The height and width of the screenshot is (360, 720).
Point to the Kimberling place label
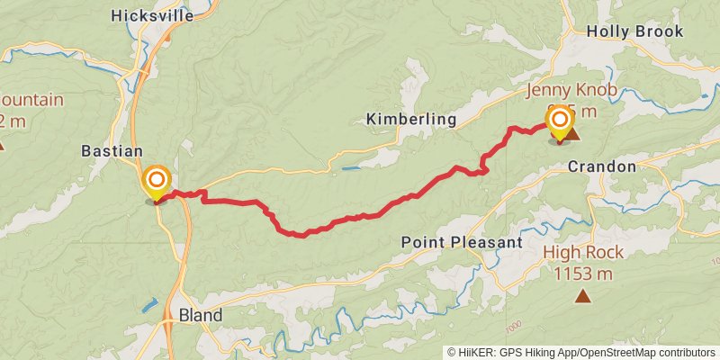pyautogui.click(x=411, y=120)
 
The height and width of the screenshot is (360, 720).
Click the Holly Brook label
pyautogui.click(x=634, y=31)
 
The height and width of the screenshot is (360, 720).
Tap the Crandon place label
pyautogui.click(x=601, y=167)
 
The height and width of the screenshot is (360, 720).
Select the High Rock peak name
pyautogui.click(x=583, y=252)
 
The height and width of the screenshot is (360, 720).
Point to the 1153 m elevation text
pyautogui.click(x=583, y=274)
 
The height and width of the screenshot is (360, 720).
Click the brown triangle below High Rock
pyautogui.click(x=583, y=295)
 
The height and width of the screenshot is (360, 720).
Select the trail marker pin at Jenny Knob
pyautogui.click(x=560, y=122)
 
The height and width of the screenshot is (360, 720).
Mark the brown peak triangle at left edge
pyautogui.click(x=2, y=144)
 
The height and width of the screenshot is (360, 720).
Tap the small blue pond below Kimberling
pyautogui.click(x=350, y=167)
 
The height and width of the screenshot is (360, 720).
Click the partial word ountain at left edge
pyautogui.click(x=31, y=99)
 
